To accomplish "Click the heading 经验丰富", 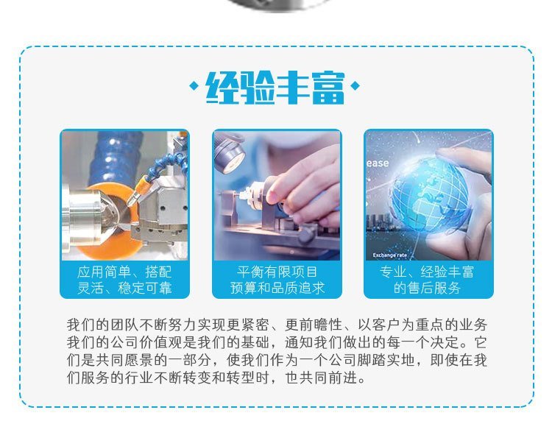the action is [x=275, y=88].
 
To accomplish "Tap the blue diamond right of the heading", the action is [x=355, y=85].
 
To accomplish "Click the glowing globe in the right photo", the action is [x=430, y=194].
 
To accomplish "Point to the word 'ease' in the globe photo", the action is [x=378, y=163].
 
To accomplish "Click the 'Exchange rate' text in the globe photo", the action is [x=389, y=255].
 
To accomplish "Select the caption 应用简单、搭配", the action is [x=124, y=272].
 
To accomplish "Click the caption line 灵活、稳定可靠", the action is [x=124, y=289].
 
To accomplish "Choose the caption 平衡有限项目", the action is [x=277, y=272].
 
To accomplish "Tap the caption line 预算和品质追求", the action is [x=277, y=289].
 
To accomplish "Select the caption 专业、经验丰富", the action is [x=427, y=272].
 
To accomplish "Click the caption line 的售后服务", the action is [x=427, y=289].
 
